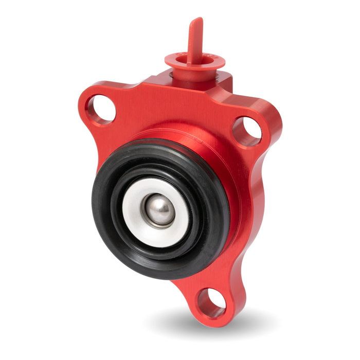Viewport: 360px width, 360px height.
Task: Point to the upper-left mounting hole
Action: point(100,110)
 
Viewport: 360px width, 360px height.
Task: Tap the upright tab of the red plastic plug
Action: point(194,41)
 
